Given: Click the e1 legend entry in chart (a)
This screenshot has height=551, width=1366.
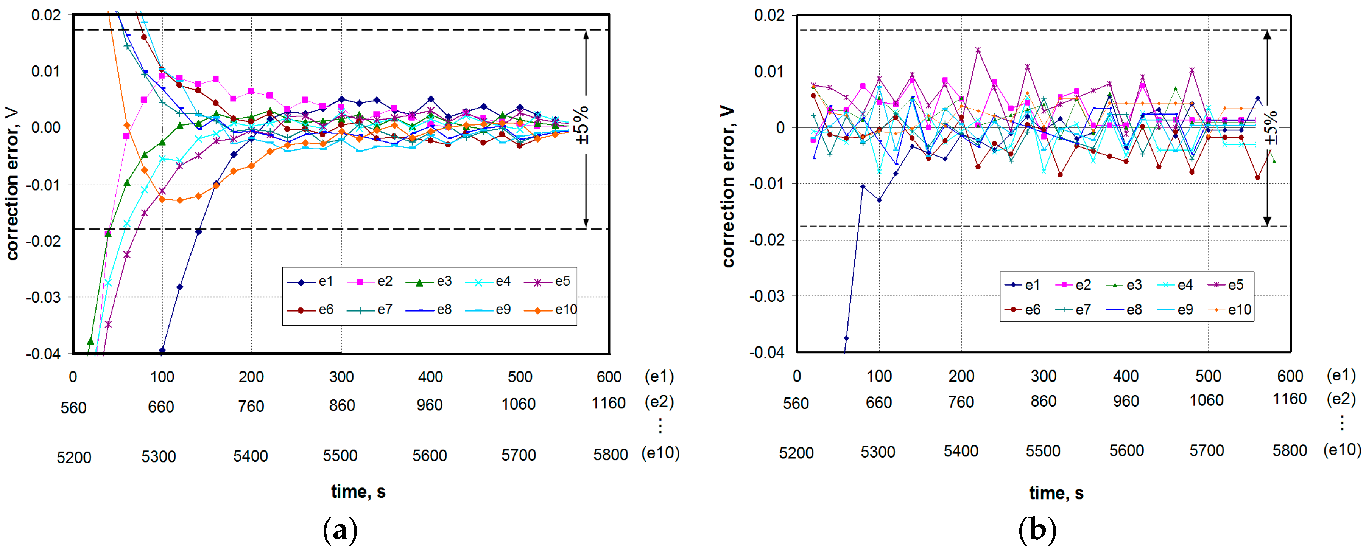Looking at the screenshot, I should (310, 281).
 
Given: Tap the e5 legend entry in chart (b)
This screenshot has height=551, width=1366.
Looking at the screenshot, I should (1227, 285).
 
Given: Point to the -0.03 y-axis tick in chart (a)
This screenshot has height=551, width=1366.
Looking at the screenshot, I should (44, 297).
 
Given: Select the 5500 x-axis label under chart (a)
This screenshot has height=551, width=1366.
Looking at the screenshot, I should (340, 456).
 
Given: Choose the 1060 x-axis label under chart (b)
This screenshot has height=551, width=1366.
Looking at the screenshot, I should (1206, 400).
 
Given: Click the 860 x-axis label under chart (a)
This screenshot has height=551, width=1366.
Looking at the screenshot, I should (341, 406).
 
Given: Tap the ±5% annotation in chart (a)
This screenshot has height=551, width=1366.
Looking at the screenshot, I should (583, 125).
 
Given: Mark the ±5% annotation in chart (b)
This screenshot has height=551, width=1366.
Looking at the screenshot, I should (1271, 128).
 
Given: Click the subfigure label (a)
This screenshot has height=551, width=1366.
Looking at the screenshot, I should (340, 530).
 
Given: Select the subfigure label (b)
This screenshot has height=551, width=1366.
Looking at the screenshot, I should (1037, 530).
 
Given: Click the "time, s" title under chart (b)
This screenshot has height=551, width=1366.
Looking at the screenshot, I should (1056, 493).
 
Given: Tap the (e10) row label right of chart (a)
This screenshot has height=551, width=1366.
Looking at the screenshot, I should (660, 453).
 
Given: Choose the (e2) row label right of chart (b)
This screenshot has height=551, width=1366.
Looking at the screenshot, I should (1341, 399).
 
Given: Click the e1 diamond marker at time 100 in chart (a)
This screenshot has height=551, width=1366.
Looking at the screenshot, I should (162, 351).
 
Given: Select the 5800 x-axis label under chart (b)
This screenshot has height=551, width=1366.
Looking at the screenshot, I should (1289, 451).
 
